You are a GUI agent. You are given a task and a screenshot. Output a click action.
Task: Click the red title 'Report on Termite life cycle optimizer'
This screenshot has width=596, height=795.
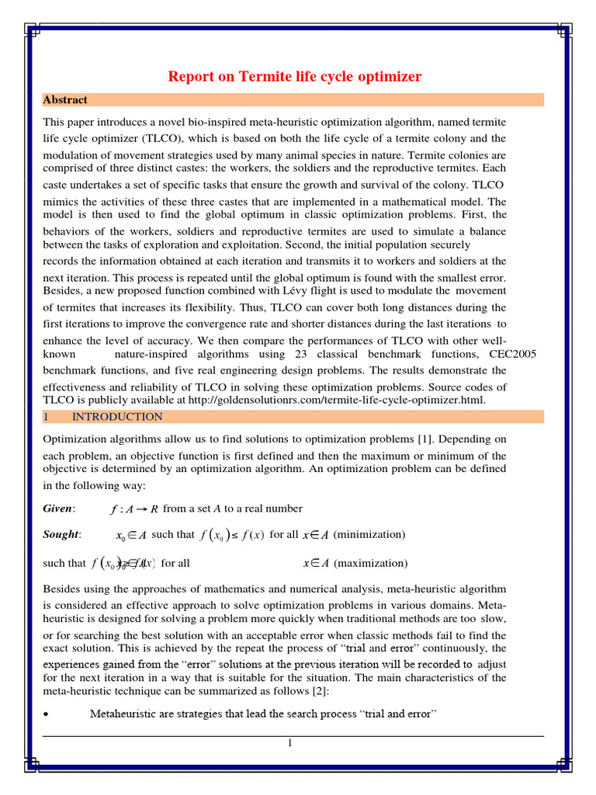[x=295, y=76]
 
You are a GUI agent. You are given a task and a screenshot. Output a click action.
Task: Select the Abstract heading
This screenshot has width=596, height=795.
[x=65, y=100]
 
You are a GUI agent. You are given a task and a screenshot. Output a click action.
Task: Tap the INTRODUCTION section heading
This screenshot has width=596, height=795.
[x=117, y=417]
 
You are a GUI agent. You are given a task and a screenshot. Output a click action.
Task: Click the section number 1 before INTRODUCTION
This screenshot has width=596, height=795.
[x=46, y=417]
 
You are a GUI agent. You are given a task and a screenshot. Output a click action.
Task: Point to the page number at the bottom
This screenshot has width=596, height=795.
[x=289, y=743]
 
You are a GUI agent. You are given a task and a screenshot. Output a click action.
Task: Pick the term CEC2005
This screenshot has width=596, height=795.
[x=509, y=354]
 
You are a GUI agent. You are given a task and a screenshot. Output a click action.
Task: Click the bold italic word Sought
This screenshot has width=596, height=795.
[x=61, y=535]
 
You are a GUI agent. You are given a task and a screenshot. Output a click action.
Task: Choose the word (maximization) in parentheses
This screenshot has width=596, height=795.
[x=370, y=563]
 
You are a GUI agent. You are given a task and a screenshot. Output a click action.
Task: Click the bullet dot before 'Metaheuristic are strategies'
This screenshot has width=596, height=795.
[x=47, y=713]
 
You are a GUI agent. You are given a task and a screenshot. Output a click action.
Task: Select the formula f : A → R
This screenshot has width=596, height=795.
[x=136, y=509]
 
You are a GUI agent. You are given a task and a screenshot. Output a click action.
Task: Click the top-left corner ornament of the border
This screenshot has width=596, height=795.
[x=33, y=32]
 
